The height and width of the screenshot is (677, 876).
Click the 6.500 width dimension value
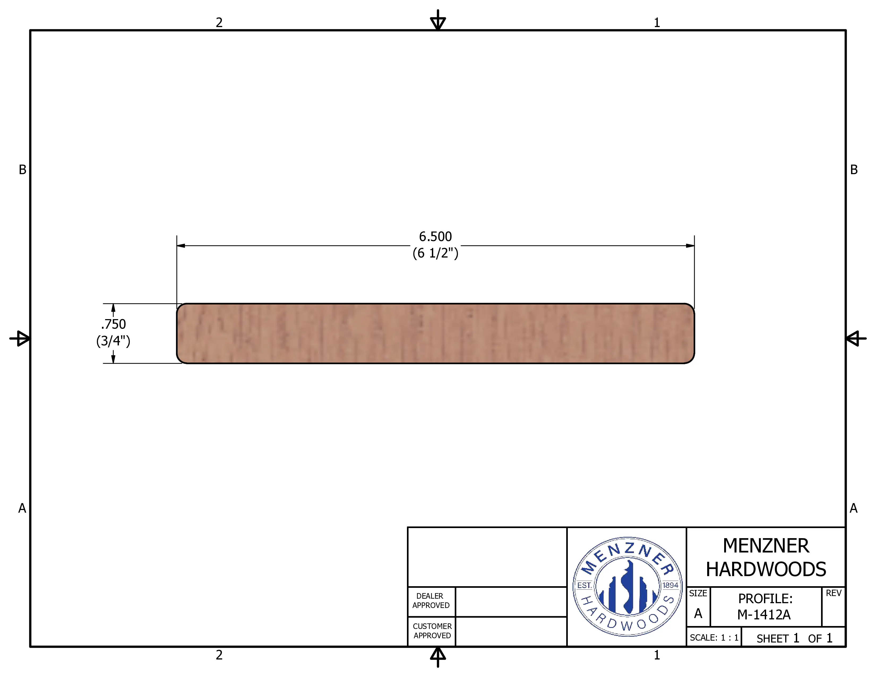[435, 237]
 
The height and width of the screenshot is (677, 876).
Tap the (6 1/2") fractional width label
[435, 253]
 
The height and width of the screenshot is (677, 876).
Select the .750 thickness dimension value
[114, 324]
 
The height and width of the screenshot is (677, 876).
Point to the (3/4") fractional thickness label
[113, 341]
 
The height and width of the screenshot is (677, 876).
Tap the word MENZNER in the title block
[766, 546]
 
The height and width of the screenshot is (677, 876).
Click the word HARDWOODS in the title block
[766, 569]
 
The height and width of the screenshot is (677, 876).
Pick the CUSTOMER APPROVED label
[432, 631]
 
